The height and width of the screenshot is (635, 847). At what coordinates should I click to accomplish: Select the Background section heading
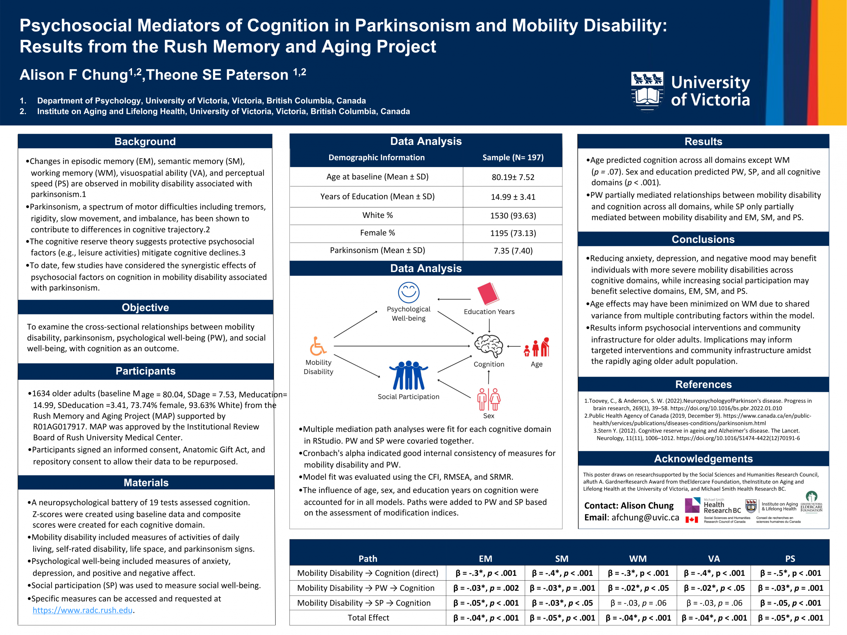click(x=145, y=141)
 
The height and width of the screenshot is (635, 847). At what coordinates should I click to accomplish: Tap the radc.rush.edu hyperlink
click(x=82, y=610)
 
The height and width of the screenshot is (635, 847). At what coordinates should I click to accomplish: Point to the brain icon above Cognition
click(x=489, y=346)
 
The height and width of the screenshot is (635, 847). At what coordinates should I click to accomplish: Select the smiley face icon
click(x=409, y=293)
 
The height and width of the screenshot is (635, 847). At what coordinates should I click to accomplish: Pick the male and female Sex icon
click(x=489, y=399)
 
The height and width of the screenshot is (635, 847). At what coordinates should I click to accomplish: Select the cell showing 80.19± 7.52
click(x=513, y=177)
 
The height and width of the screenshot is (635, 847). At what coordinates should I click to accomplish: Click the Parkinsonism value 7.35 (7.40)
click(x=513, y=251)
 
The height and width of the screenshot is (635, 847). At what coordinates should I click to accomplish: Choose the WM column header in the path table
click(x=638, y=559)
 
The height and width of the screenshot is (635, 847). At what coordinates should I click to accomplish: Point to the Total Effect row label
click(x=368, y=618)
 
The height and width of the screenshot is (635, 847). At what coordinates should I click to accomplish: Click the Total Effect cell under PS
click(x=790, y=618)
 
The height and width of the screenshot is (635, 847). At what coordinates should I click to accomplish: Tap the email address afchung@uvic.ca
click(x=645, y=518)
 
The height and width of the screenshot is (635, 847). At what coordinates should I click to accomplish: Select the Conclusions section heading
click(x=703, y=239)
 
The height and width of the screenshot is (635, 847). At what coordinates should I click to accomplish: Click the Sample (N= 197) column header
click(x=513, y=158)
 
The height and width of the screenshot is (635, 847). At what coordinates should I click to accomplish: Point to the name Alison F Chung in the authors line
click(x=73, y=75)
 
